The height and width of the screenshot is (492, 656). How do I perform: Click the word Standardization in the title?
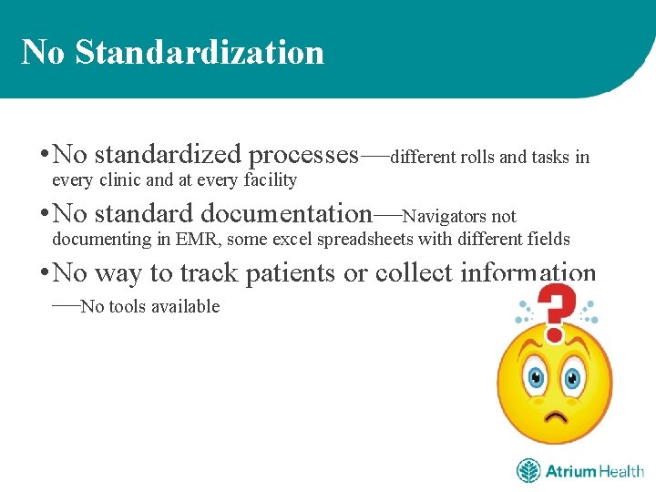point(200,52)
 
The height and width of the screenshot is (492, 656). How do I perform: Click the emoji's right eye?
point(574,374)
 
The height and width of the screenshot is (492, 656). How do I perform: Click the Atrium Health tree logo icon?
point(528,471)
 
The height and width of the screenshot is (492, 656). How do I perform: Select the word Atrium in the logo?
point(569,471)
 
